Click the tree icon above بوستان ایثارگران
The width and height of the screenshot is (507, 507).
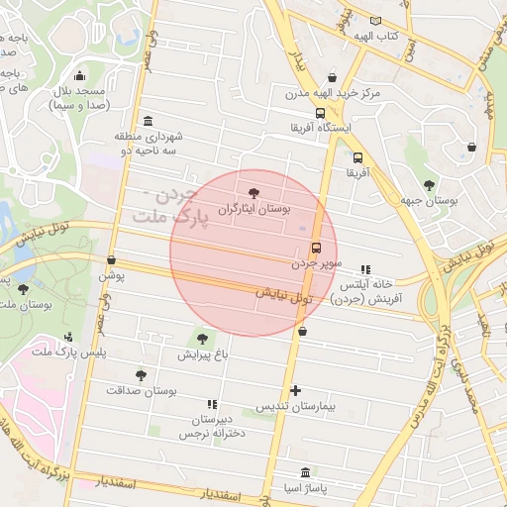coord(255,193)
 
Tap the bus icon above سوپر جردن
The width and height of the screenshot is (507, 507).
coord(316,248)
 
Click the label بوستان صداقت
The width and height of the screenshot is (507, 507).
coord(145,392)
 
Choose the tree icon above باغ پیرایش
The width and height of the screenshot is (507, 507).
coord(203,338)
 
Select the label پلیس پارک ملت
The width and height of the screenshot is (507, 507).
coord(67,353)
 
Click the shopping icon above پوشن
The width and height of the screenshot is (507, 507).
coord(111,260)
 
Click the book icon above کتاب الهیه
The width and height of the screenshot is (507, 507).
coord(375,20)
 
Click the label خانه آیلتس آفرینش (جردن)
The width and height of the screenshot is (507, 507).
coord(362,290)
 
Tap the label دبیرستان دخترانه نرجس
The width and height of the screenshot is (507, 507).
coord(211,426)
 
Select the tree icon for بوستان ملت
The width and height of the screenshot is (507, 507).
coord(23,289)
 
